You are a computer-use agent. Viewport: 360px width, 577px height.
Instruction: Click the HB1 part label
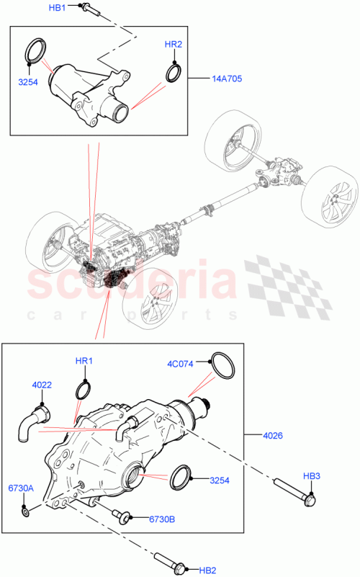pyautogui.click(x=57, y=7)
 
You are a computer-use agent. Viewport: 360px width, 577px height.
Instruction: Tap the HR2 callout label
pyautogui.click(x=174, y=45)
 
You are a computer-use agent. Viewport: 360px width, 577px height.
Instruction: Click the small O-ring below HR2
pyautogui.click(x=174, y=72)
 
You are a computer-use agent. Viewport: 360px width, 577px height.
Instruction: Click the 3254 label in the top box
pyautogui.click(x=28, y=82)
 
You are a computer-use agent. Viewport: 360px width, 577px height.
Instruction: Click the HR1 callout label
pyautogui.click(x=84, y=361)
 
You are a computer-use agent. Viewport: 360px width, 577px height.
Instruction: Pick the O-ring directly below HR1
pyautogui.click(x=84, y=389)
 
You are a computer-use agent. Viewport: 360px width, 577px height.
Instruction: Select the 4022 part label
pyautogui.click(x=42, y=385)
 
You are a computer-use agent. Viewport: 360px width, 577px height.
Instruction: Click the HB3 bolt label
pyautogui.click(x=311, y=475)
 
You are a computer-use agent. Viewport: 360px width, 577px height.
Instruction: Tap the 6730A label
pyautogui.click(x=22, y=488)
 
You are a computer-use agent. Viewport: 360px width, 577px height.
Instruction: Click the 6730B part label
pyautogui.click(x=163, y=519)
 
